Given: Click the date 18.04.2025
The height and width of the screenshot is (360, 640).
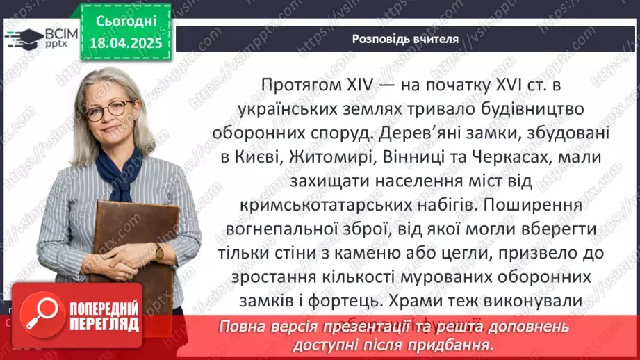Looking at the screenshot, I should point(126,43).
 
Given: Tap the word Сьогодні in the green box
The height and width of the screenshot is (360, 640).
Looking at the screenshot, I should point(126,22).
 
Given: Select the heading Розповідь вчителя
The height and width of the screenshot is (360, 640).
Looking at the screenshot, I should point(404,39).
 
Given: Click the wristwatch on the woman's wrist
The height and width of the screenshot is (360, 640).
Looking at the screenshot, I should point(159,251).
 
